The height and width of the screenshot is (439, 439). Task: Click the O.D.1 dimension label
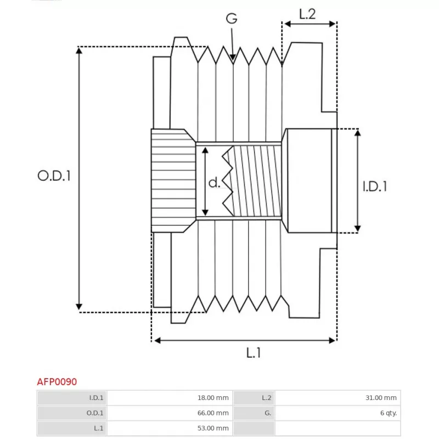click(x=54, y=176)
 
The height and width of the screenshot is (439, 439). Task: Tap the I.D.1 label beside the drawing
click(x=375, y=186)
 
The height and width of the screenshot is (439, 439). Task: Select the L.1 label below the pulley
click(x=254, y=352)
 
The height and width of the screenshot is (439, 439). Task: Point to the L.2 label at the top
click(x=307, y=14)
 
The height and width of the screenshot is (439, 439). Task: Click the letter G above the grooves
click(x=232, y=19)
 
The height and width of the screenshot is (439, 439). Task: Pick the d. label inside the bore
click(x=215, y=182)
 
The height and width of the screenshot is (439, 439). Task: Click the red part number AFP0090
click(x=57, y=381)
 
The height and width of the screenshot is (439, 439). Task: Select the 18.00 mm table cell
click(x=213, y=397)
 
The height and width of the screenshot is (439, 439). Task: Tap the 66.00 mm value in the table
click(x=213, y=413)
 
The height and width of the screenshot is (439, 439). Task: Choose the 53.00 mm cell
click(x=213, y=428)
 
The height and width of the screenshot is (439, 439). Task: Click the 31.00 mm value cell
click(x=381, y=397)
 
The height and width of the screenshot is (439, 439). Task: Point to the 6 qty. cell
click(x=389, y=413)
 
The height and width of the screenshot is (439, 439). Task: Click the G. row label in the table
click(x=268, y=413)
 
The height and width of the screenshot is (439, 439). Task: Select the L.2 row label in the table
click(x=267, y=397)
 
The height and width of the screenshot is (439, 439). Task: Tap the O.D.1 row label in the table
click(x=95, y=413)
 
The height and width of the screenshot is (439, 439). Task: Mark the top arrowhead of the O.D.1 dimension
click(x=79, y=48)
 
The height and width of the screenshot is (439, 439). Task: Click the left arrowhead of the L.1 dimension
click(x=154, y=340)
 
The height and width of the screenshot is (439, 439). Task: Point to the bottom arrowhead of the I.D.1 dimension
click(x=358, y=232)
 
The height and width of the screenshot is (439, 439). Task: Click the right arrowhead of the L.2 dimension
click(x=336, y=24)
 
